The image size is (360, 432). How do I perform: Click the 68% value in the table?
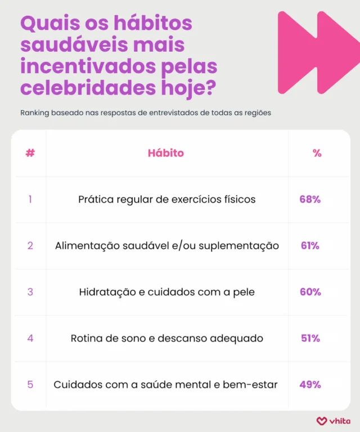pyautogui.click(x=310, y=200)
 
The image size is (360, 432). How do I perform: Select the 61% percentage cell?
pyautogui.click(x=310, y=246)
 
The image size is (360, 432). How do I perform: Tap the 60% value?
pyautogui.click(x=310, y=292)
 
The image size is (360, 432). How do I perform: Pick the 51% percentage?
pyautogui.click(x=310, y=338)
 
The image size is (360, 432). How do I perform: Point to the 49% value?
pyautogui.click(x=310, y=385)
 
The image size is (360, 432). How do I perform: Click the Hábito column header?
pyautogui.click(x=166, y=153)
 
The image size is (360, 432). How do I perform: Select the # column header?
pyautogui.click(x=30, y=153)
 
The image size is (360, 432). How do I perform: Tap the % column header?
pyautogui.click(x=317, y=153)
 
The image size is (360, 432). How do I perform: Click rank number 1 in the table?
pyautogui.click(x=30, y=200)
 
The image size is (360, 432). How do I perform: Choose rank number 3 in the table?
pyautogui.click(x=30, y=292)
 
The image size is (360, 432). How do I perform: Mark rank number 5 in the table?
pyautogui.click(x=30, y=385)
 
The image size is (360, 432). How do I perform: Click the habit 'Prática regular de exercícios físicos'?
pyautogui.click(x=167, y=200)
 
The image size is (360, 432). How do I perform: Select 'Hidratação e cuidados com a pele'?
pyautogui.click(x=167, y=292)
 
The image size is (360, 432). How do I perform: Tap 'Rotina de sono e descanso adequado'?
pyautogui.click(x=167, y=338)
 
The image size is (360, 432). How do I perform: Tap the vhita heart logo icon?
pyautogui.click(x=321, y=420)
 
